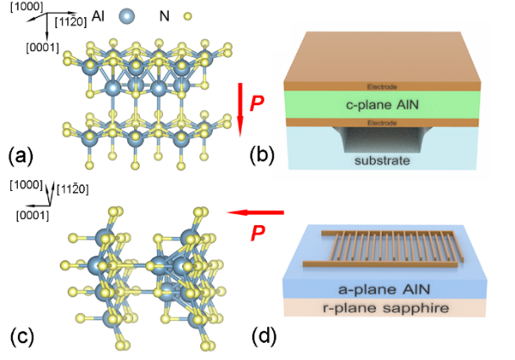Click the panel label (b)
(264, 155)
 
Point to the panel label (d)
(265, 335)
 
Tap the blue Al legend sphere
(128, 15)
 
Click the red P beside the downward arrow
(255, 104)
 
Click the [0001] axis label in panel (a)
(43, 46)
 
